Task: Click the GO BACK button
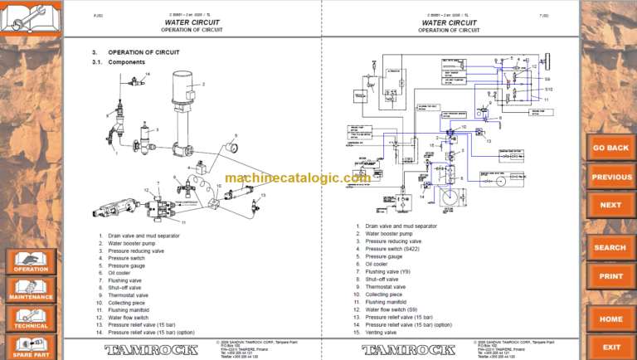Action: coord(611,148)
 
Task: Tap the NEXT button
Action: coord(611,205)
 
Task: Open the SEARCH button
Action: coord(611,247)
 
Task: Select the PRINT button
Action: coord(611,276)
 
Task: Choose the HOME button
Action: coord(611,319)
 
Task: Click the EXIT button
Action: coord(611,348)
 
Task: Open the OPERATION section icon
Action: coord(31,260)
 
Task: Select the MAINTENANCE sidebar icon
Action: coord(31,289)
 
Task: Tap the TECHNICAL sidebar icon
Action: coord(31,318)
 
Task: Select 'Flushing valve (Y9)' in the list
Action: coord(388,272)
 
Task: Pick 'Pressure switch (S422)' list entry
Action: coord(391,249)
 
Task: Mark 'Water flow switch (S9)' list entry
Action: coord(391,309)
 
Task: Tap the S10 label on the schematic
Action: coord(547,89)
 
